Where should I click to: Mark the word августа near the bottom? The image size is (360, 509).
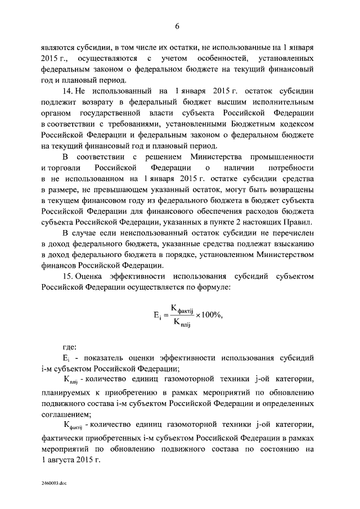[x=69, y=460]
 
